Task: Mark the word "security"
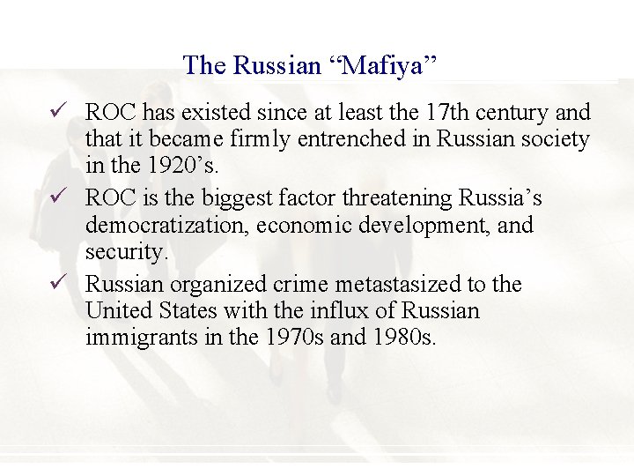click(x=126, y=251)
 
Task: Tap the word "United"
click(x=118, y=310)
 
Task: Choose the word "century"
click(x=520, y=112)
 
